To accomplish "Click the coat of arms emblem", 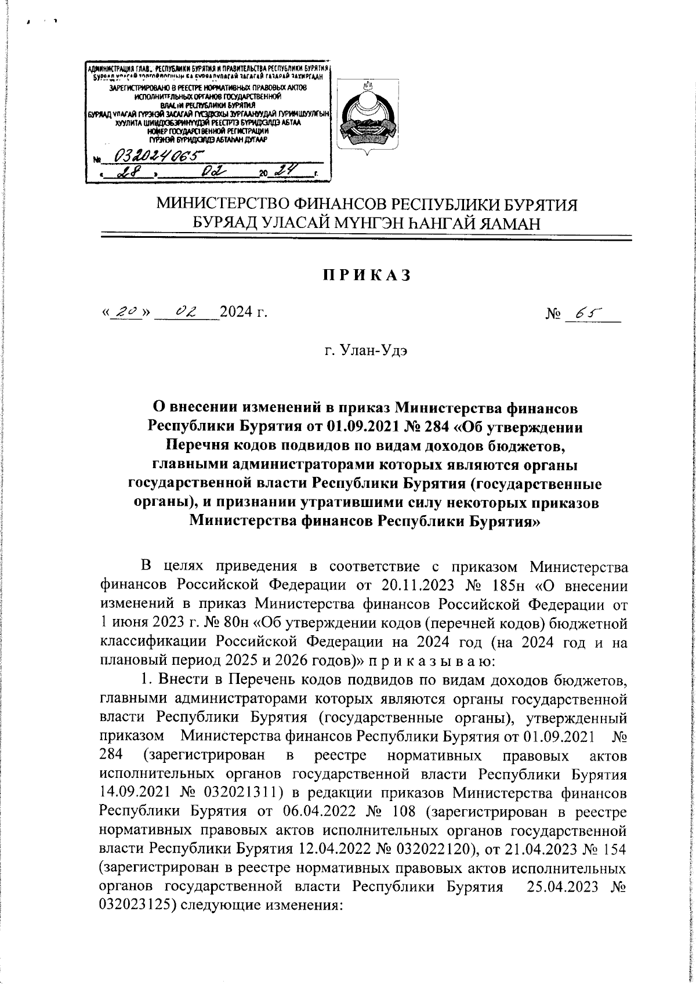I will pyautogui.click(x=366, y=115).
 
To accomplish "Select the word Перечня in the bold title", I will pyautogui.click(x=200, y=462).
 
